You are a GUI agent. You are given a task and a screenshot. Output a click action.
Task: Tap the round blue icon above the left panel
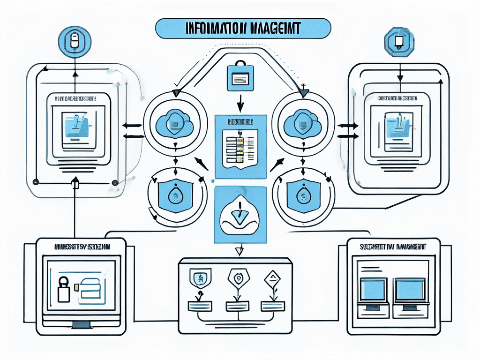(73, 42)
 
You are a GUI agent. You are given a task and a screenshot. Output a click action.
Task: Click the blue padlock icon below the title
(240, 75)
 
